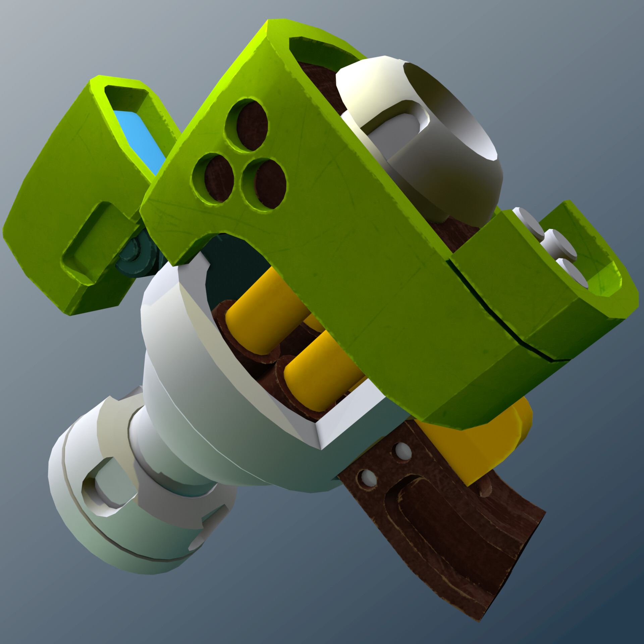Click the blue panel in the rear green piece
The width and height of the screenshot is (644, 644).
click(x=141, y=141)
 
